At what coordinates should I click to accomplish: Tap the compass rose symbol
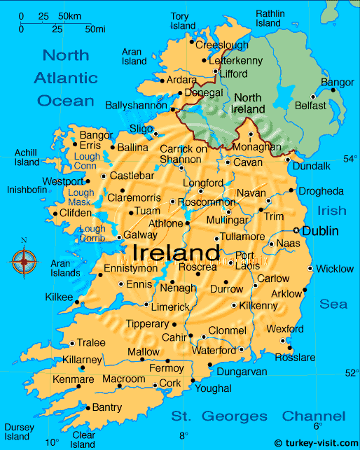(x=24, y=262)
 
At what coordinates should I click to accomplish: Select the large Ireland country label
(x=176, y=251)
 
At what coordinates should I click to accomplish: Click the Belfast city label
(x=310, y=106)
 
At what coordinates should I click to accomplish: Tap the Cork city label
(x=170, y=384)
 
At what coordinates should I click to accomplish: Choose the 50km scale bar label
(x=69, y=15)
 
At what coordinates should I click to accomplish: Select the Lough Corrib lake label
(x=92, y=234)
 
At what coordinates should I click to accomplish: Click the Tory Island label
(x=180, y=21)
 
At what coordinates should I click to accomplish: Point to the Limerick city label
(x=170, y=307)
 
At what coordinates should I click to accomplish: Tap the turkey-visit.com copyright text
(x=316, y=443)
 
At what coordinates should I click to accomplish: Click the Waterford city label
(x=214, y=350)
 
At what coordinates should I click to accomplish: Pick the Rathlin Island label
(x=270, y=18)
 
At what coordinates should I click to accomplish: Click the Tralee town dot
(x=71, y=344)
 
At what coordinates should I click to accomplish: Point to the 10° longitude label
(x=52, y=442)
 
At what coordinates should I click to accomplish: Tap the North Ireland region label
(x=249, y=104)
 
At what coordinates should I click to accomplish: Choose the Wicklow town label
(x=335, y=269)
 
